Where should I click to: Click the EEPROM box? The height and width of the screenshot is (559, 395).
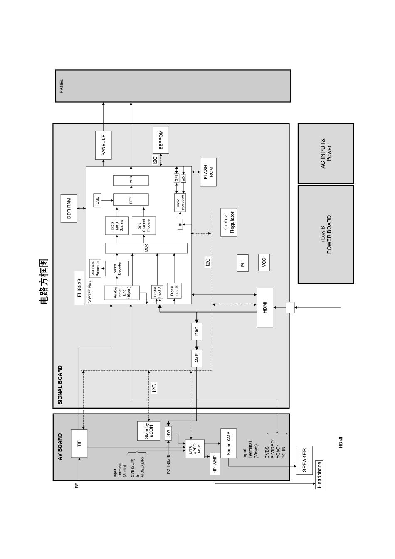coord(160,140)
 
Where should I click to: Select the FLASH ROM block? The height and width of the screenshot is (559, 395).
coord(208,172)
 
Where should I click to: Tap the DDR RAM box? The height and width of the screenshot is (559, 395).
coord(69,208)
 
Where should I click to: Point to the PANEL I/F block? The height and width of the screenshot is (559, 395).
coord(104,145)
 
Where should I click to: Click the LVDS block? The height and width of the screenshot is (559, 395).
coord(131,181)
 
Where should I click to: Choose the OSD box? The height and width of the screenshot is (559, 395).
coord(97,200)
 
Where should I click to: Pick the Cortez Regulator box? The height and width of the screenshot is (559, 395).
coord(229,222)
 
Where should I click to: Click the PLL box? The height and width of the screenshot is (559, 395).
coord(243,263)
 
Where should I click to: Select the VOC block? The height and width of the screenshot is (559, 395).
coord(264,262)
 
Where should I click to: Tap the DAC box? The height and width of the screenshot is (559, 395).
coord(197,331)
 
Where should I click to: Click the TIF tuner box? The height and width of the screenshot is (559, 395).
coord(79,443)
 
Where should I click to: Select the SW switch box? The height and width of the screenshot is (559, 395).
coord(168,433)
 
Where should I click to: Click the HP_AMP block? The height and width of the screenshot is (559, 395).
coord(215,464)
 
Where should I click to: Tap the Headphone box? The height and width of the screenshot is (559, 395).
coord(319,475)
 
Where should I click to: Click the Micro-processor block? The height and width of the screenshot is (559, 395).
coord(180,203)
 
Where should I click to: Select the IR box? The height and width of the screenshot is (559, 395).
coord(180,224)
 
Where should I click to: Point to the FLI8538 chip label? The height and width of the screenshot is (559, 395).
coord(79,288)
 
